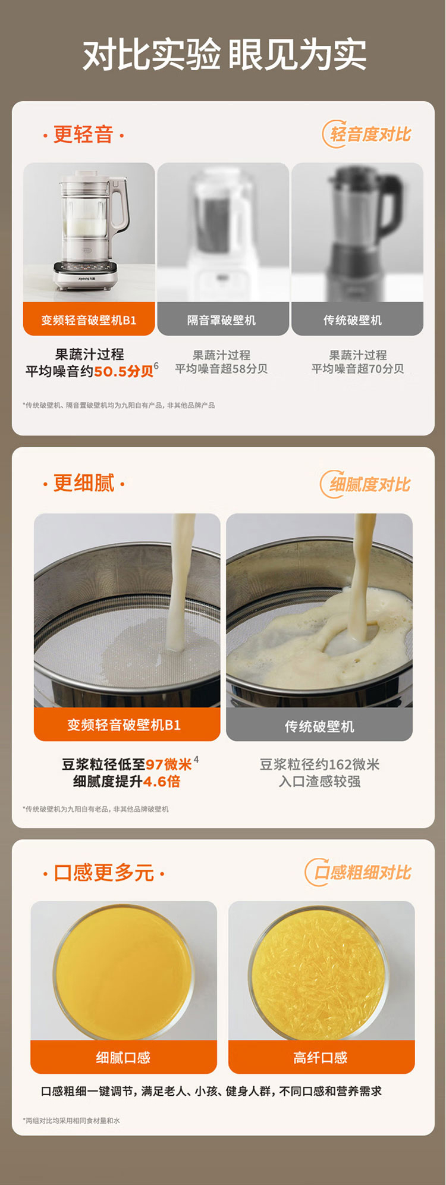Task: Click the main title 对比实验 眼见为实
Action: click(224, 55)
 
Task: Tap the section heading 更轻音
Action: click(83, 135)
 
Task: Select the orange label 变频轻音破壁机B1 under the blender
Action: click(89, 319)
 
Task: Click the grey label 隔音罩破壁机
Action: click(222, 320)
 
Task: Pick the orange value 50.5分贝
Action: click(124, 372)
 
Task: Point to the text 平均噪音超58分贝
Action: click(221, 369)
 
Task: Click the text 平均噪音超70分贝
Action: click(358, 369)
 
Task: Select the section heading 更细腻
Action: click(84, 483)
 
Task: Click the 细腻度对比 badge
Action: click(366, 484)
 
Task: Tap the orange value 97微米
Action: click(169, 764)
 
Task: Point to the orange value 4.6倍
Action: click(162, 782)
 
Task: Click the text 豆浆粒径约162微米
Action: click(319, 764)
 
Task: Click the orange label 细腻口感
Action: click(124, 1057)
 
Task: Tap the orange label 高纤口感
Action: click(321, 1057)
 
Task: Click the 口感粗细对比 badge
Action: click(359, 873)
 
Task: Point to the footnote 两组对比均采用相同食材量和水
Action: click(71, 1121)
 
